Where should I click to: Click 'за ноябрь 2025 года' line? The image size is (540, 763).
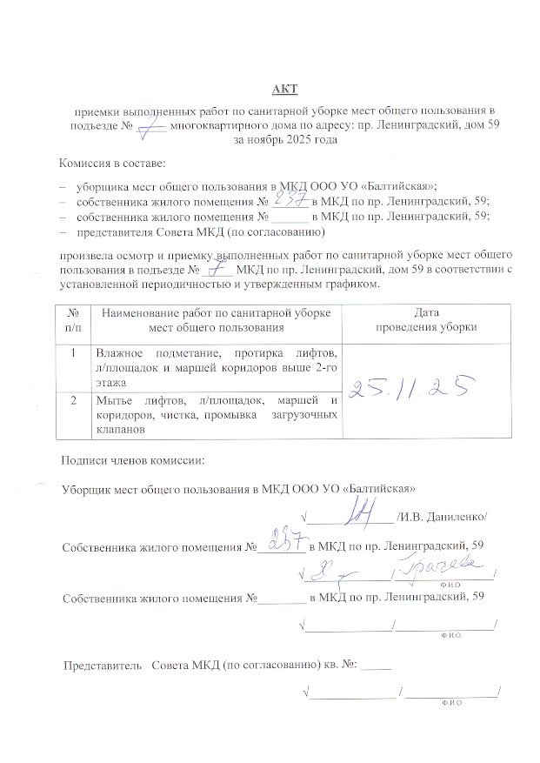(x=279, y=140)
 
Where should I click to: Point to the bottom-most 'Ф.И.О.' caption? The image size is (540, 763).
(x=450, y=702)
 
